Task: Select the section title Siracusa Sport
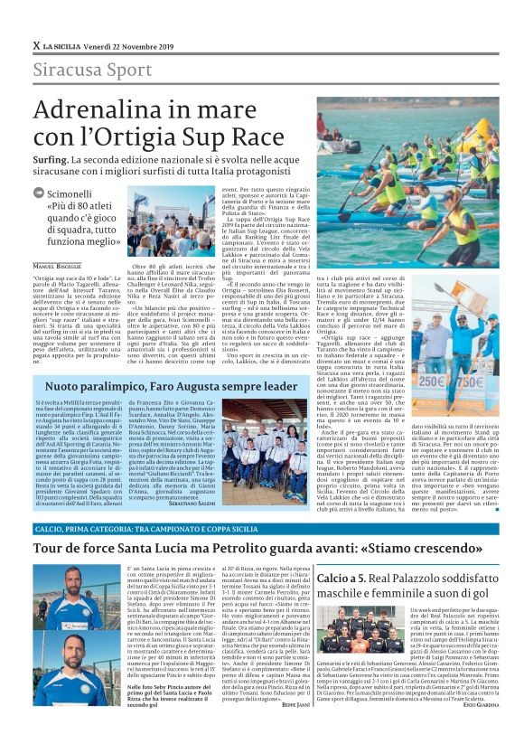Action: point(80,71)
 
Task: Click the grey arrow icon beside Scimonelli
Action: point(38,193)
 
